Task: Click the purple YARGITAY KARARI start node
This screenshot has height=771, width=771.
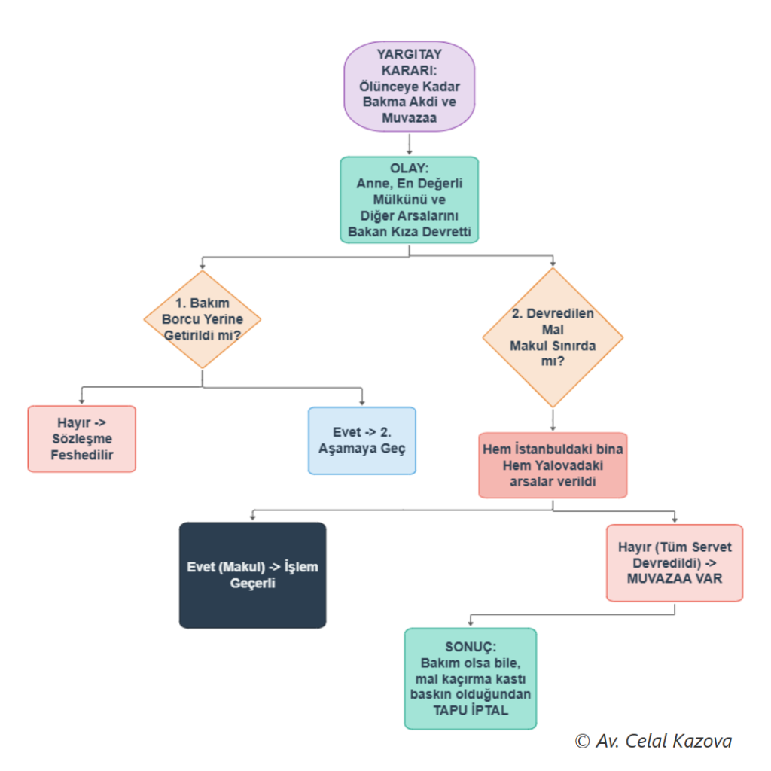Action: tap(409, 86)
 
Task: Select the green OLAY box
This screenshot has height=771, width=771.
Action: tap(409, 200)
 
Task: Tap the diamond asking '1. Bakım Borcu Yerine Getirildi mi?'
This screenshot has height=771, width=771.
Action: tap(202, 319)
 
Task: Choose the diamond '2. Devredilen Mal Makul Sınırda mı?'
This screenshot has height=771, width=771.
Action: tap(553, 337)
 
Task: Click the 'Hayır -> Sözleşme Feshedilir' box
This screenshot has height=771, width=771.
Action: tap(81, 439)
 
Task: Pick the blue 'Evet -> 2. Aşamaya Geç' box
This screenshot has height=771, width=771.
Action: tap(362, 440)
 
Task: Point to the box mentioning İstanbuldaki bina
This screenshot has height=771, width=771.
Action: tap(553, 465)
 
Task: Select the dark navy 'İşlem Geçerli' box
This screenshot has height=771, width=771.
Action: tap(252, 575)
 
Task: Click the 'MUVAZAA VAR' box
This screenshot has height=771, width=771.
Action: tap(675, 563)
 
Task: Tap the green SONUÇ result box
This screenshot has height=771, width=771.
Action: tap(471, 678)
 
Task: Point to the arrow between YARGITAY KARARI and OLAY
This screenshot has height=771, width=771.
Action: tap(409, 144)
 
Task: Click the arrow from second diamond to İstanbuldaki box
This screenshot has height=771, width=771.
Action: tap(553, 420)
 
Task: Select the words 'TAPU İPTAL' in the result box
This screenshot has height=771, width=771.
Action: tap(471, 711)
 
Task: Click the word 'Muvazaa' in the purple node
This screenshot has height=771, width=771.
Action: tap(409, 118)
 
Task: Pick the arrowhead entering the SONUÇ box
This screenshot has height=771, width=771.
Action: tap(471, 623)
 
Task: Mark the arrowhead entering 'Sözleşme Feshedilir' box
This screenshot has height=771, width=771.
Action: tap(81, 401)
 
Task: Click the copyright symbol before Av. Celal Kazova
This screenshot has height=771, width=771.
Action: tap(582, 742)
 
